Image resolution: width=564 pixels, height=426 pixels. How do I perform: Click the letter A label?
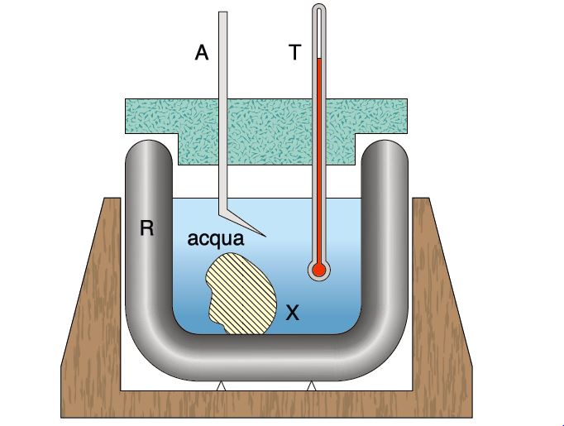point(201,53)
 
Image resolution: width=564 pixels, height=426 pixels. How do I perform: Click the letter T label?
point(294,53)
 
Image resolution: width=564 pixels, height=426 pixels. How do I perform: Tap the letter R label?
point(146,228)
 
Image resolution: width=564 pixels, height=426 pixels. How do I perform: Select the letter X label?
point(292,312)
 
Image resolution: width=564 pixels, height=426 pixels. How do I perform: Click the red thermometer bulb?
point(318,269)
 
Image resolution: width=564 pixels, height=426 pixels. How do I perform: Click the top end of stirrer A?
point(222,14)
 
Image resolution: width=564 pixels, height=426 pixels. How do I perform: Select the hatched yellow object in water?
point(243,294)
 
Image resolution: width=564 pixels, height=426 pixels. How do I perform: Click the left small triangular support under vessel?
point(220,385)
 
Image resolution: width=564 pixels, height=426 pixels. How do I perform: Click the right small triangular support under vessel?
point(312,385)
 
